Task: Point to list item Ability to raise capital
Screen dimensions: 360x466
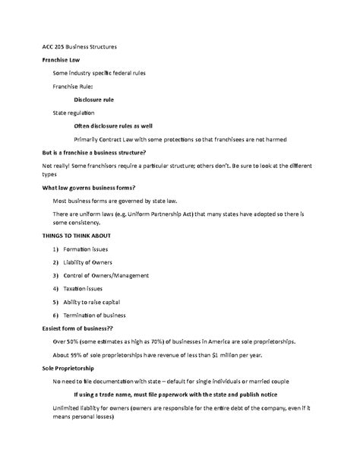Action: click(102, 302)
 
